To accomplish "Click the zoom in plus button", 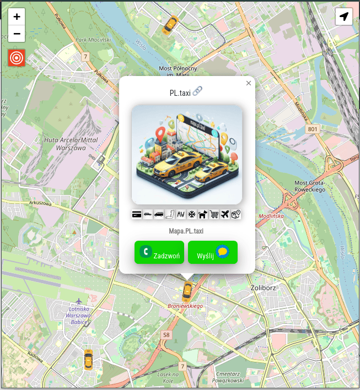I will (17, 17).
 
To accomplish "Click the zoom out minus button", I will (17, 34).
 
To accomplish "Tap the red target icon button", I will (17, 57).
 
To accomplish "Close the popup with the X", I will (249, 83).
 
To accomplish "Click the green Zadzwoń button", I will (159, 252).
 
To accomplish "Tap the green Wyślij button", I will (213, 252).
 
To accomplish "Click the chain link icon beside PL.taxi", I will (197, 91).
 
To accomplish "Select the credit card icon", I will (137, 214).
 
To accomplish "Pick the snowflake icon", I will (192, 214).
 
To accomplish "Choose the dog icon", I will (203, 214).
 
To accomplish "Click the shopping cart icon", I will (214, 214).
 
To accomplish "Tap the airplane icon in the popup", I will (225, 214).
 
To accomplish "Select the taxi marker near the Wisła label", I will (171, 24).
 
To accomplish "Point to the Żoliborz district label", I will (262, 288).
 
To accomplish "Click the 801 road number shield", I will (313, 129).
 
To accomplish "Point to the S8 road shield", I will (166, 334).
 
